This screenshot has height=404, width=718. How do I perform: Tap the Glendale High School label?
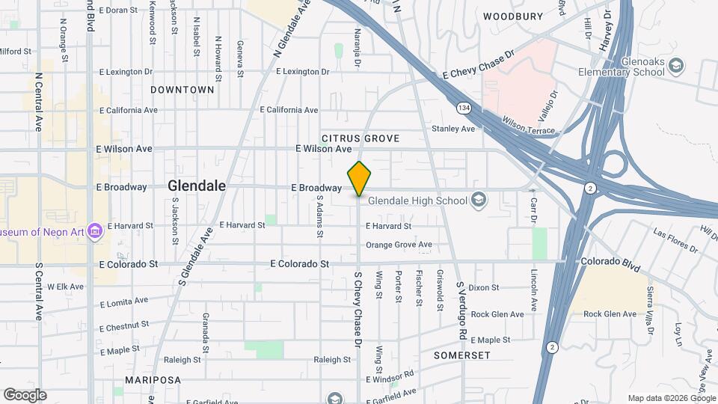tap(417, 200)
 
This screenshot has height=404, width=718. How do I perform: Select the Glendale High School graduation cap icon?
tap(479, 200)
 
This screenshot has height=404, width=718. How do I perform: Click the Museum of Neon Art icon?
tap(95, 232)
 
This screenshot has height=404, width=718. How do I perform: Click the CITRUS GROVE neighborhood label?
tap(360, 138)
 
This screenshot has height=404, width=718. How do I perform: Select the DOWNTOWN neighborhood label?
tap(182, 90)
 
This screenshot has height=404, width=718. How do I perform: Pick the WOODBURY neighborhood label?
tap(512, 16)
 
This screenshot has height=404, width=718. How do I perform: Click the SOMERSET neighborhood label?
tap(461, 355)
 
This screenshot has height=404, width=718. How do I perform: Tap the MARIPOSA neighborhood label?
tap(153, 380)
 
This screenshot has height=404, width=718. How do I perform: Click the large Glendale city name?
tap(197, 186)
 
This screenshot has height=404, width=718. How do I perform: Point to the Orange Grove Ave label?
tap(399, 245)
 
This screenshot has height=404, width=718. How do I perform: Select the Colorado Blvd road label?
tap(611, 263)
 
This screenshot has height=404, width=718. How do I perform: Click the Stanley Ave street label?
tap(453, 129)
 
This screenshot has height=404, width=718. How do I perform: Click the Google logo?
tap(25, 394)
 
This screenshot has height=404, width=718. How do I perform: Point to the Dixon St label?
tap(484, 287)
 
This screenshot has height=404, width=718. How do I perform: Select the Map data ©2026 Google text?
tap(670, 397)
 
